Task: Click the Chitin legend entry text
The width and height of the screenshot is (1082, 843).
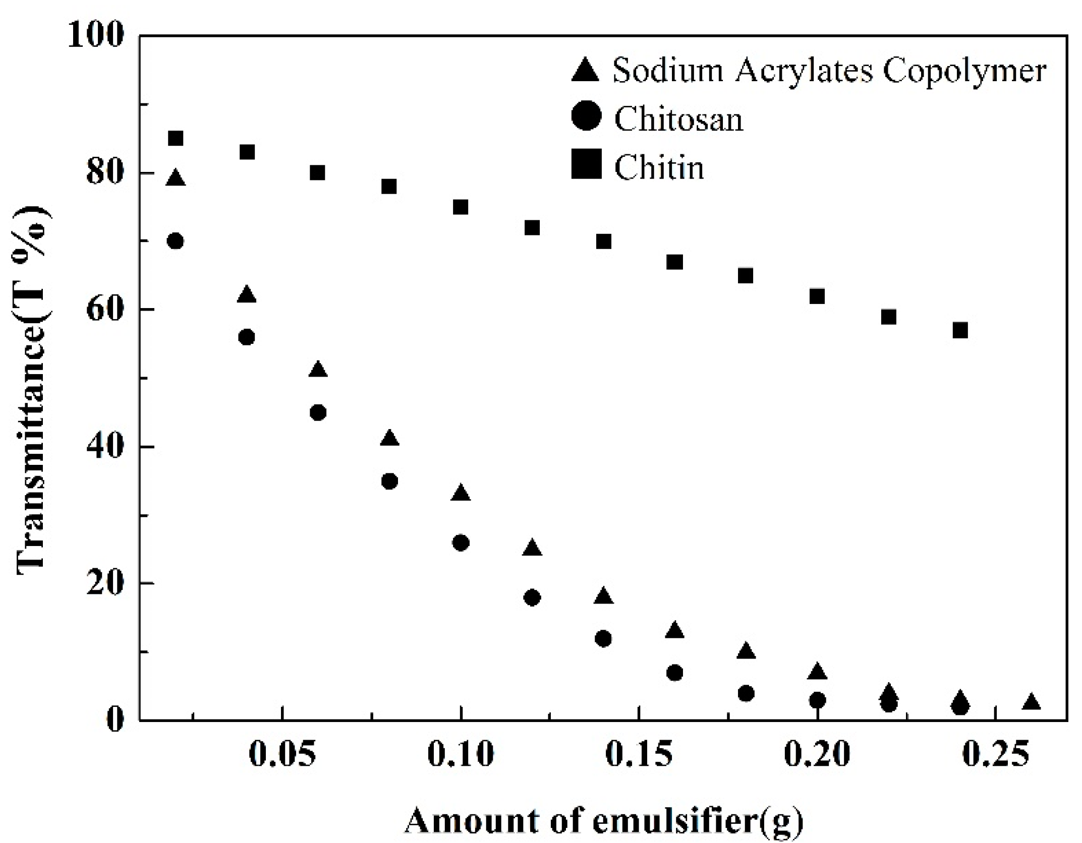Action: coord(658,167)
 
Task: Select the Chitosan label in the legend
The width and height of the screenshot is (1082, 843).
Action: coord(678,119)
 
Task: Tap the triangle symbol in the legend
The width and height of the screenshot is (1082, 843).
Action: coord(586,70)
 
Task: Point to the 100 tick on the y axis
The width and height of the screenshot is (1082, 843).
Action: coord(96,36)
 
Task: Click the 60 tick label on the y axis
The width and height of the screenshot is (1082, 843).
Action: coord(104,310)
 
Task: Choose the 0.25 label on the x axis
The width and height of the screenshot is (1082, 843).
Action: coord(994,755)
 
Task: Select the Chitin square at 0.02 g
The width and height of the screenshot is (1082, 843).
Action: coord(175,138)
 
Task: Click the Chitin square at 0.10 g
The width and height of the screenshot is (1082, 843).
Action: coord(461,207)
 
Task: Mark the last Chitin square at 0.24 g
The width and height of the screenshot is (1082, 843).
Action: coord(960,330)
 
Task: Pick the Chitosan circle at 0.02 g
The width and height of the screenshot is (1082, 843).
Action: coord(175,241)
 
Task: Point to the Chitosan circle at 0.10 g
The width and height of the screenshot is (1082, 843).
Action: coord(461,543)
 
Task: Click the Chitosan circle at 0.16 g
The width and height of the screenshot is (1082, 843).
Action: coord(674,673)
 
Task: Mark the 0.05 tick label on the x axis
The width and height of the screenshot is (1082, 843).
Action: coord(282,755)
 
